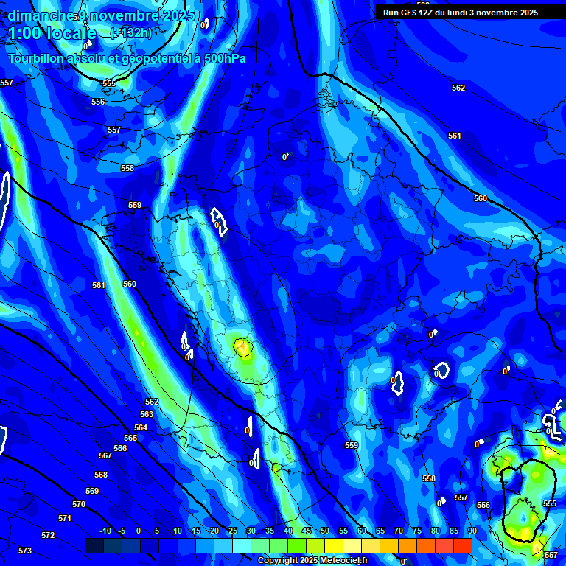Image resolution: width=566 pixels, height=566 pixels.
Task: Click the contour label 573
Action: point(25,551)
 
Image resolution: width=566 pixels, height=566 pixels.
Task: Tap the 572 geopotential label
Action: point(48,535)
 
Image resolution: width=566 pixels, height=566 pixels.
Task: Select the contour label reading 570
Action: point(79,504)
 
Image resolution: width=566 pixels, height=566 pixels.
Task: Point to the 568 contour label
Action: point(101,475)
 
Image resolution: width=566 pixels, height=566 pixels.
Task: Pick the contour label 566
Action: point(120,448)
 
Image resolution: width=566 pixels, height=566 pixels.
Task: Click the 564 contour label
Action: point(141,427)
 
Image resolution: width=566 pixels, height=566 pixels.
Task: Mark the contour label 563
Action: point(147,414)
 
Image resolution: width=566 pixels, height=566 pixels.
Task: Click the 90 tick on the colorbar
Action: point(472,531)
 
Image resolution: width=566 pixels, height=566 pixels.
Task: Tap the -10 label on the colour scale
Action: point(105,531)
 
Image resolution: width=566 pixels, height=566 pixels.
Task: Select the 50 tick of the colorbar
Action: point(325,531)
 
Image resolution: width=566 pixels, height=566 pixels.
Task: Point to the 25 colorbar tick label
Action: point(233,531)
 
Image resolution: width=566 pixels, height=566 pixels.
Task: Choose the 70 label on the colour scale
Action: point(399,531)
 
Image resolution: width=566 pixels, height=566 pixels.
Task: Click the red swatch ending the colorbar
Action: point(463,545)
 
